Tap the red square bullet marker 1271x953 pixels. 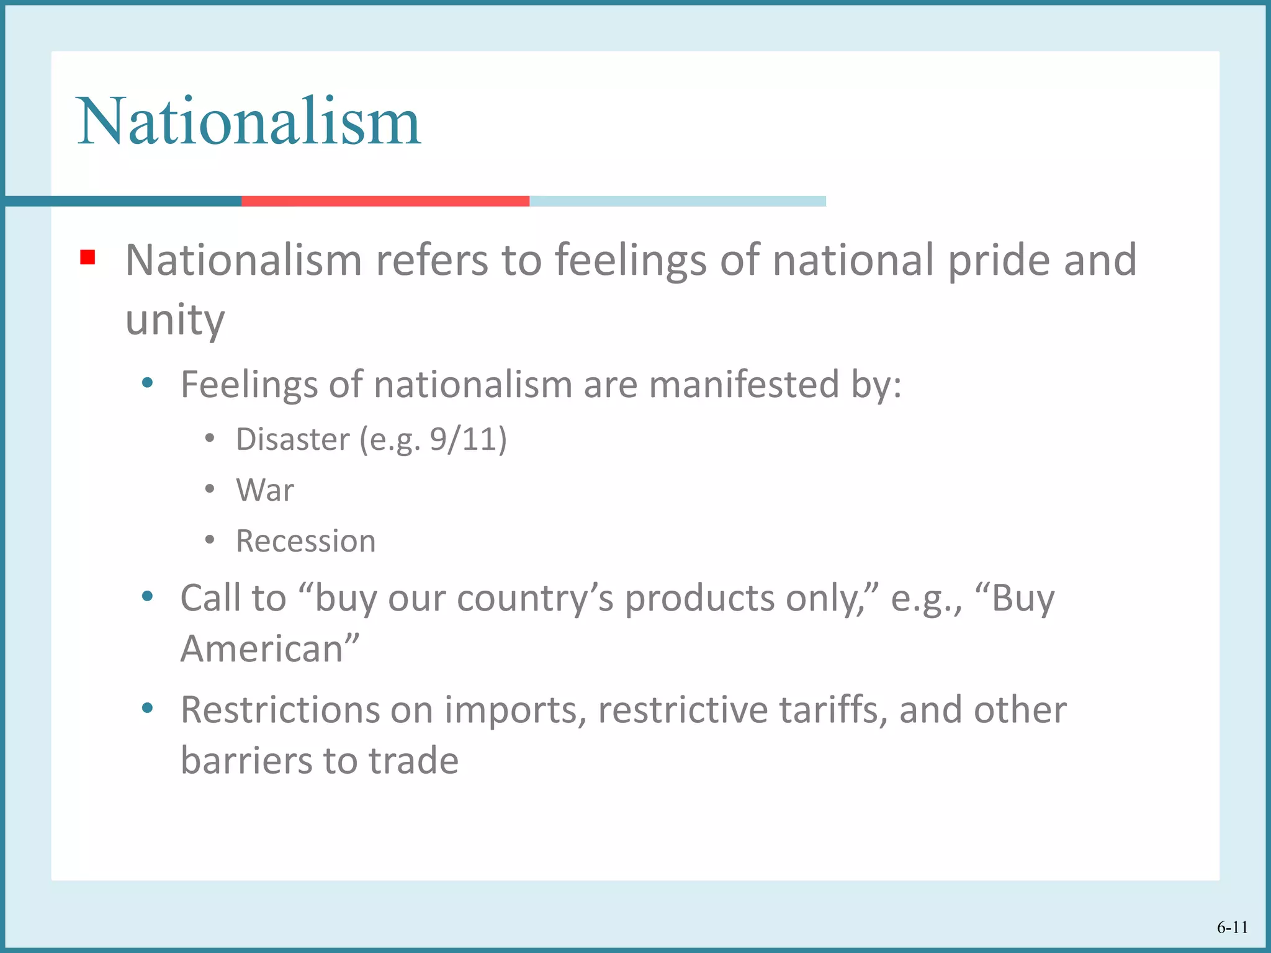tap(88, 257)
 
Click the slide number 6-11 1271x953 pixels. tap(1232, 928)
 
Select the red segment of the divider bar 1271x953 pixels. tap(385, 201)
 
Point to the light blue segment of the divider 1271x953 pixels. tap(677, 201)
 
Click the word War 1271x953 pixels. tap(265, 490)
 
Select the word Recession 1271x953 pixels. tap(306, 541)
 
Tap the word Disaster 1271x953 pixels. tap(293, 440)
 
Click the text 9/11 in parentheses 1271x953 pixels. tap(464, 440)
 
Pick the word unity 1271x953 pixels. tap(175, 320)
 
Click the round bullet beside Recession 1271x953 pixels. tap(210, 540)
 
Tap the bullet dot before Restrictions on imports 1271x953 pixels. tap(147, 708)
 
